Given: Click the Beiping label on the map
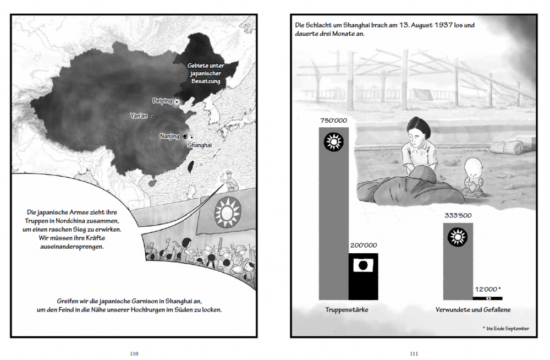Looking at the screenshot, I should [x=162, y=101].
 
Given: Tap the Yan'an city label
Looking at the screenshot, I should [x=139, y=116].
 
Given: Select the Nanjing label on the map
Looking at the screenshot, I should [x=169, y=136].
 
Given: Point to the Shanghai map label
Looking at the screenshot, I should [x=199, y=145].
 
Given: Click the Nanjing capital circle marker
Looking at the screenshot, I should [x=185, y=136].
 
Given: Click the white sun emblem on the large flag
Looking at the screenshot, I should [x=227, y=210].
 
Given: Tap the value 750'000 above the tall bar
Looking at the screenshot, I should [x=333, y=121].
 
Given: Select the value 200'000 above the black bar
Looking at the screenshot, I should [x=363, y=246].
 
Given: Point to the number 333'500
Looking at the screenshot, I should [x=457, y=215].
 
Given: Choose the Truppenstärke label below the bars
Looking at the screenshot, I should [x=346, y=310].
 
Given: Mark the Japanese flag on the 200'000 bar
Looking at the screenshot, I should [x=363, y=266].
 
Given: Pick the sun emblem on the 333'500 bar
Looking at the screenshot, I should [x=457, y=237].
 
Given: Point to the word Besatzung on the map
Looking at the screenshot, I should [x=206, y=81].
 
